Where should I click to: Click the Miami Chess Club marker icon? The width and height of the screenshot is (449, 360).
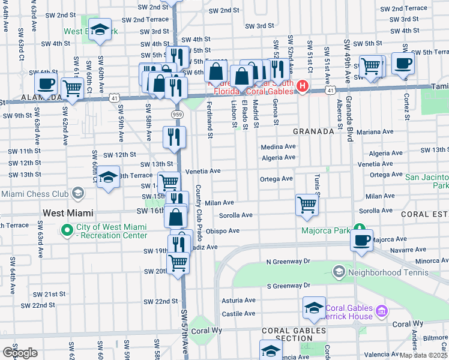[77, 193]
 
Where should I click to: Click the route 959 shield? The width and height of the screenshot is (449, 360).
[176, 114]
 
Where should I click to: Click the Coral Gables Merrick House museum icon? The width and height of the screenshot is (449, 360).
[381, 310]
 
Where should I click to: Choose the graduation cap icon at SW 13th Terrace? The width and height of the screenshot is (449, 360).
[108, 176]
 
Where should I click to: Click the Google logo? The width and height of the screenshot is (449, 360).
[20, 352]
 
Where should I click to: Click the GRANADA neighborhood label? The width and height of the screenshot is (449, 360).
[313, 131]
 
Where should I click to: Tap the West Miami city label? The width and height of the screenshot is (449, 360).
[68, 213]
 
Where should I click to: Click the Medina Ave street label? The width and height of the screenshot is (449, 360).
[278, 146]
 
